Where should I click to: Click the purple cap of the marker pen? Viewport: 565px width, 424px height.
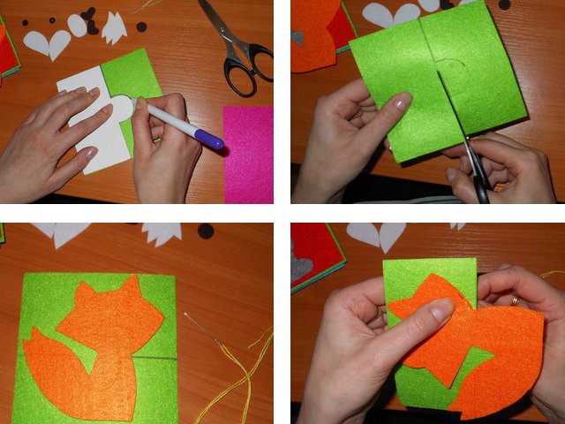click(x=210, y=139)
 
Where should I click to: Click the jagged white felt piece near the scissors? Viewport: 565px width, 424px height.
click(x=114, y=29)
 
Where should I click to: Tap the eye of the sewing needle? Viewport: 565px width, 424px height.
click(x=188, y=314)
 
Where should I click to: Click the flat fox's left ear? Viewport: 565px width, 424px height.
click(x=85, y=291)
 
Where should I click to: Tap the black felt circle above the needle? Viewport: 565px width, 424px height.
click(x=206, y=231)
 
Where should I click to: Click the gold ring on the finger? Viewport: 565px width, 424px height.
click(x=516, y=300)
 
